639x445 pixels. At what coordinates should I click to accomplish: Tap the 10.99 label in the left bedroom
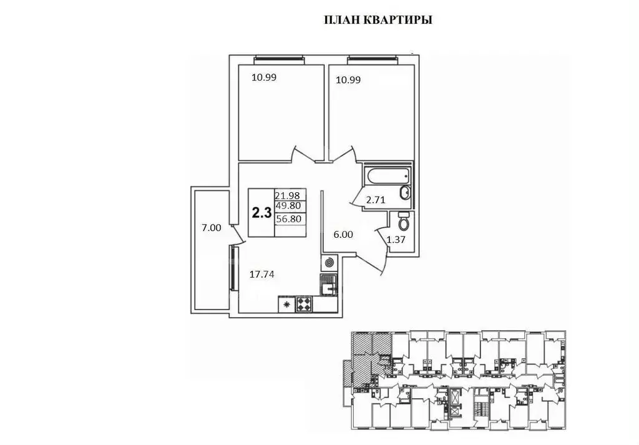[x=264, y=78]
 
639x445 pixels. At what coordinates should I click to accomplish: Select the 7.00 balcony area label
[x=210, y=228]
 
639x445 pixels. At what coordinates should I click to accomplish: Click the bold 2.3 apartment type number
[x=261, y=213]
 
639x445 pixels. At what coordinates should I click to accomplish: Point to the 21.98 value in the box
[x=290, y=195]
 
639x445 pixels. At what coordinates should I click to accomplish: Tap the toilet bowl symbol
[x=403, y=221]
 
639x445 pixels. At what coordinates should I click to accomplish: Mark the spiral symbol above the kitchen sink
[x=329, y=262]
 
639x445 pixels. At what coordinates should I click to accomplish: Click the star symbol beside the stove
[x=286, y=305]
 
